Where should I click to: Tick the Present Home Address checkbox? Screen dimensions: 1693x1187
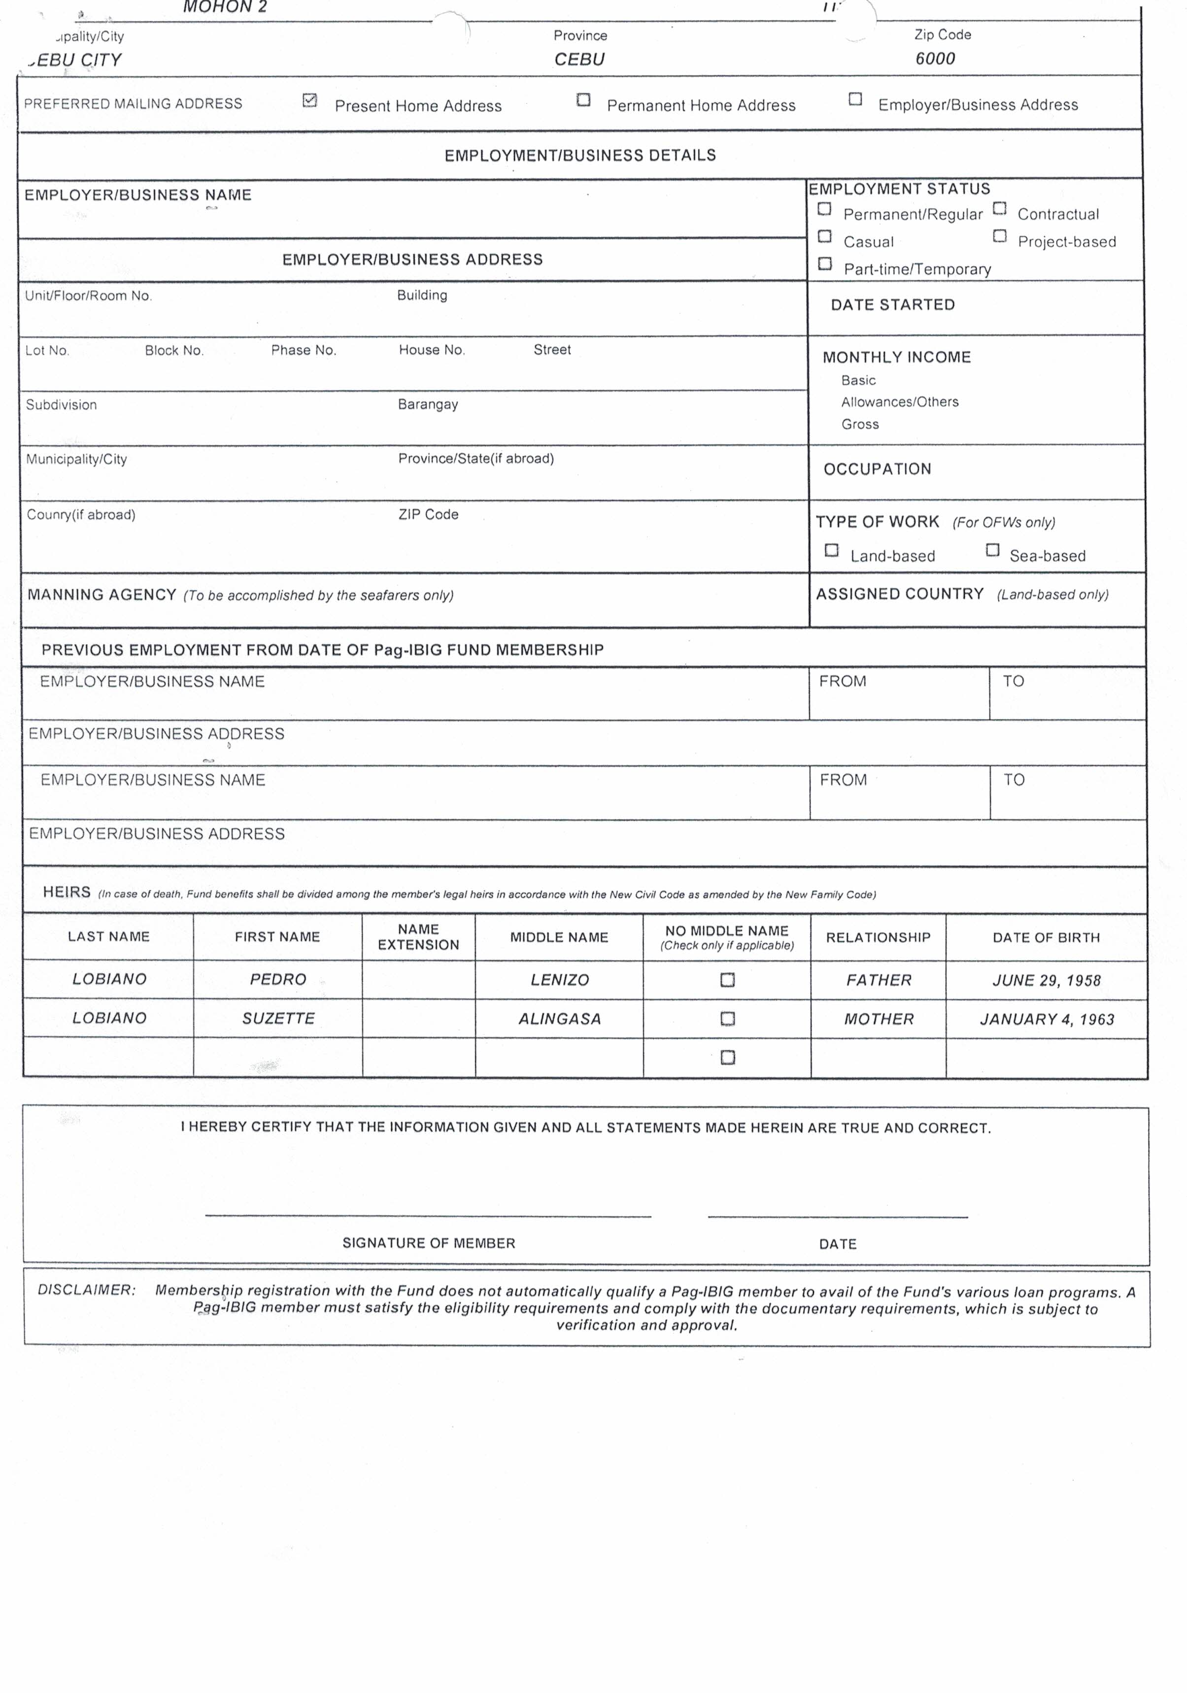(310, 100)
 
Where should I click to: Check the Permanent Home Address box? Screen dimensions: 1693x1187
(583, 100)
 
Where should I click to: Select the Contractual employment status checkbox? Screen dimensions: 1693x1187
(1000, 209)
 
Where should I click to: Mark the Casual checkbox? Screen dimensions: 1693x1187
(825, 237)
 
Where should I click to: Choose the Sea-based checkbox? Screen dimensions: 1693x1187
(992, 550)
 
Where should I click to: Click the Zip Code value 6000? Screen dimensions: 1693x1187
(935, 59)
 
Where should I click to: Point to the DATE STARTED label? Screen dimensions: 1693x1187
(893, 304)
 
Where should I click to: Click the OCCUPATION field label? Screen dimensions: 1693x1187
(877, 469)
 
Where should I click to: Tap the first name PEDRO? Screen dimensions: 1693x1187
(277, 979)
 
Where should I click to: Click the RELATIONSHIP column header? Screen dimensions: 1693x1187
(878, 937)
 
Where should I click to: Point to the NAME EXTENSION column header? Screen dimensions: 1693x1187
(418, 937)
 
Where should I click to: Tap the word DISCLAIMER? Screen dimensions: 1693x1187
(86, 1290)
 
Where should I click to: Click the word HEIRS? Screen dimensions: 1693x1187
(67, 892)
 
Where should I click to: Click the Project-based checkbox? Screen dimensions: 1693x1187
(1000, 236)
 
